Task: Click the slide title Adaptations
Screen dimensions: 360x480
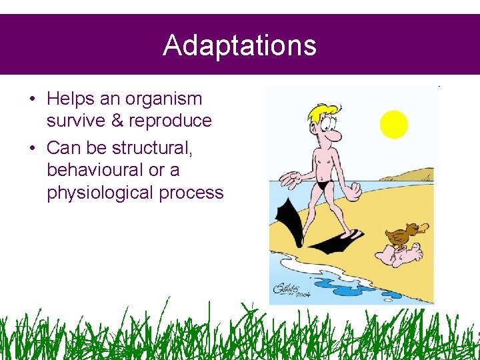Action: (239, 45)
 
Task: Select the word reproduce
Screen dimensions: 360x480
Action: (170, 121)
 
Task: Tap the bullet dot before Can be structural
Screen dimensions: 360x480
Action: (32, 147)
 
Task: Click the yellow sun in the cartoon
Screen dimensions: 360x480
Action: (393, 124)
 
